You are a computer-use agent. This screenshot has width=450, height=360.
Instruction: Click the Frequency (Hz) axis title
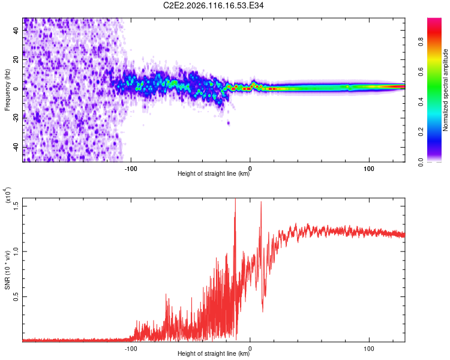coord(7,89)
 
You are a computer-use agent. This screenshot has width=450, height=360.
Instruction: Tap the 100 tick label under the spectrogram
coord(370,168)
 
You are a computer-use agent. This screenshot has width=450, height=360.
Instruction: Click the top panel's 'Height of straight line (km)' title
coord(214,175)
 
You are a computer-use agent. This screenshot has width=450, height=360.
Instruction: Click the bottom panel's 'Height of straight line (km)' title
coord(214,354)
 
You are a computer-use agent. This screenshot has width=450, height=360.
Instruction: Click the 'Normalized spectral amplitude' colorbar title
coord(446,90)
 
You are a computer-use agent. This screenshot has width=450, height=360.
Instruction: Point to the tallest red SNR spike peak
coord(235,200)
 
